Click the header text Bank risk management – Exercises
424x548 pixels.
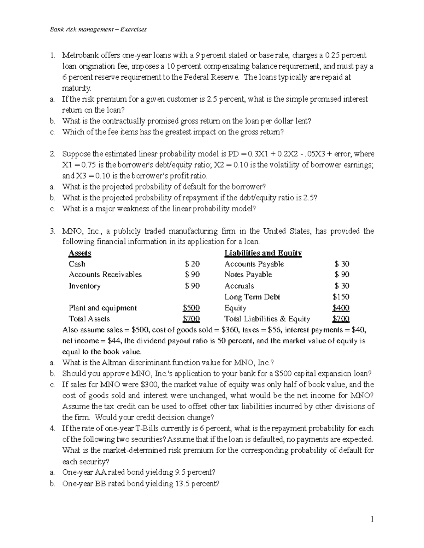[x=98, y=29]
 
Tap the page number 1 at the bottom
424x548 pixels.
[x=372, y=519]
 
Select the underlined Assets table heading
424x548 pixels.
[x=80, y=253]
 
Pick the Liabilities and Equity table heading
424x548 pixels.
[x=263, y=253]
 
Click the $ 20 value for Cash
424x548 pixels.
[x=193, y=264]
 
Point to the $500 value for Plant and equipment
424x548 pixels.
[x=191, y=308]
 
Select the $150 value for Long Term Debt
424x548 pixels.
[x=341, y=297]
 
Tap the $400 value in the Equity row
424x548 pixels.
[x=341, y=308]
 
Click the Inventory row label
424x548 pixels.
[x=84, y=286]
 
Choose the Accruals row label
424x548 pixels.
[x=239, y=286]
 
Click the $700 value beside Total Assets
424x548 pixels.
[x=191, y=319]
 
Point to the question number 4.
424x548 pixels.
[x=52, y=429]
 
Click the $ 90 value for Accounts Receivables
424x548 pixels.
[x=193, y=275]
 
